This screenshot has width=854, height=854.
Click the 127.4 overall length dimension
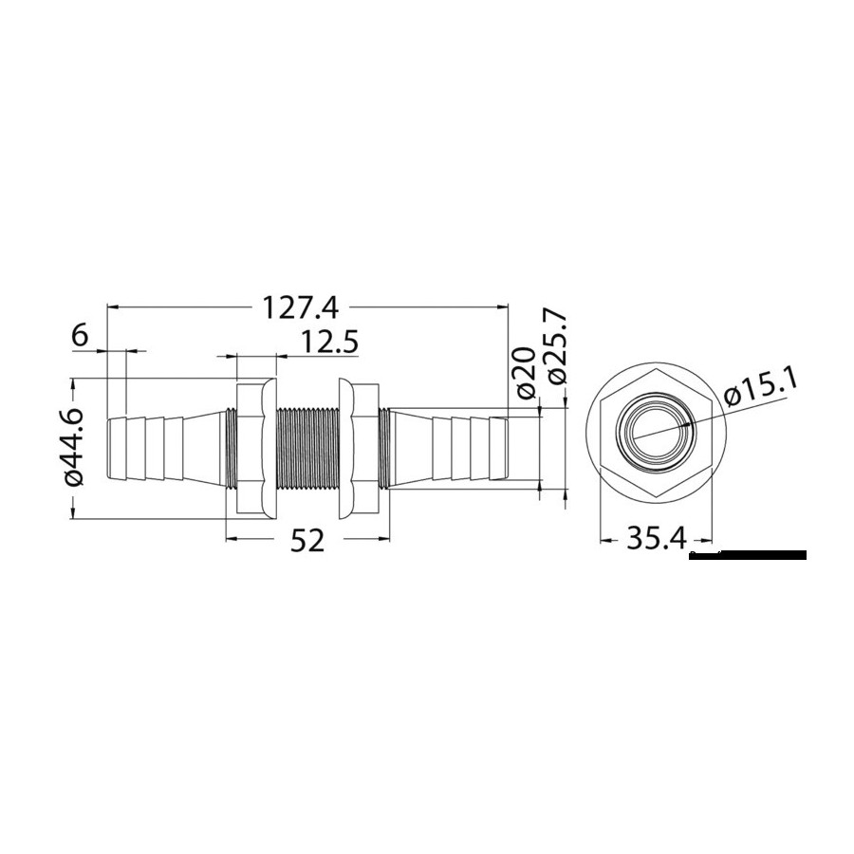click(x=301, y=307)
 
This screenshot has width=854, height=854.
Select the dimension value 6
click(x=79, y=336)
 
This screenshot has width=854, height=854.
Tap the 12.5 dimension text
click(x=329, y=343)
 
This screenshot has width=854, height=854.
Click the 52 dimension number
click(x=307, y=540)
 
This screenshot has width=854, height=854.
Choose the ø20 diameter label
click(x=525, y=373)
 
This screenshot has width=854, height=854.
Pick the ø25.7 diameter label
click(x=556, y=348)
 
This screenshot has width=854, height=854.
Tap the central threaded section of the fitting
click(x=308, y=449)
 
